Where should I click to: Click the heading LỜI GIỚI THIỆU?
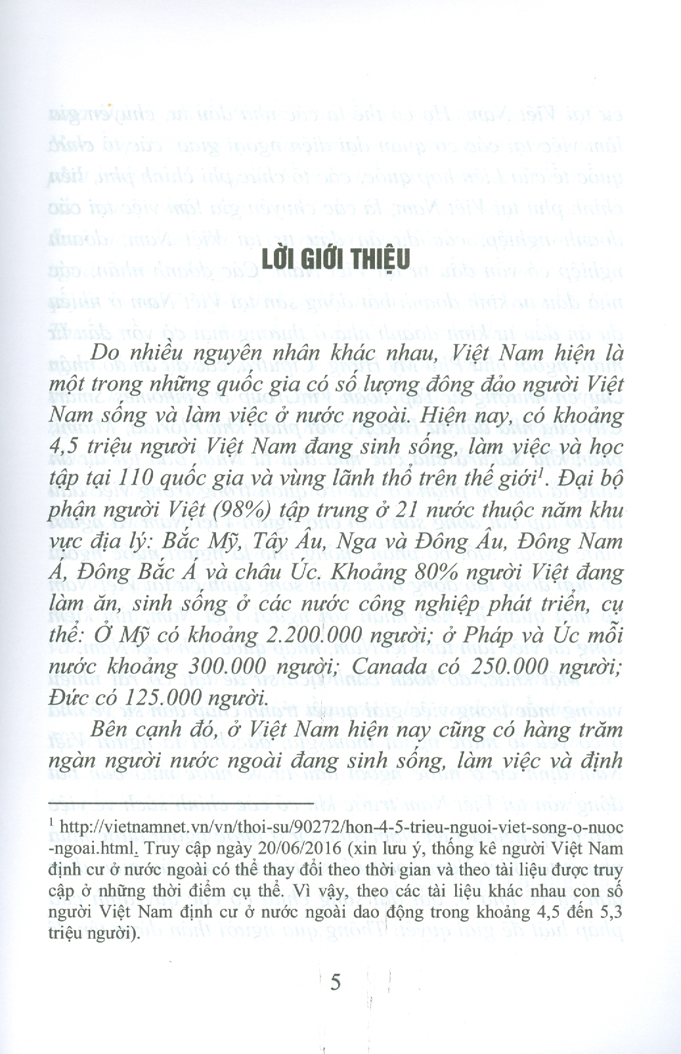336,257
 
